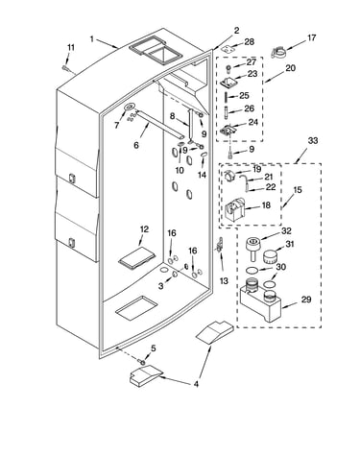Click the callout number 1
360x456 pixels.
click(92, 39)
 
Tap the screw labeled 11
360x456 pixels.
click(65, 68)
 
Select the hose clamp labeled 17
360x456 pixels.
click(278, 52)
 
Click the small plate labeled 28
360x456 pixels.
click(228, 49)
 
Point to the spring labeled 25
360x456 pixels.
click(227, 96)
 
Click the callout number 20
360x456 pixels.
click(290, 68)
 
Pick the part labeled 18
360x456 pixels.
click(235, 209)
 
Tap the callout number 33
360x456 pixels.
click(313, 140)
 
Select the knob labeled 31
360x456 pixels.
click(271, 255)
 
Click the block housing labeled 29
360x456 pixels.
click(260, 301)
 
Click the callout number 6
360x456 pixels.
click(136, 145)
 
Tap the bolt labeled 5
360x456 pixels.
click(142, 362)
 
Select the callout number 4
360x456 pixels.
click(196, 384)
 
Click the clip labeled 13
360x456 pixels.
click(220, 245)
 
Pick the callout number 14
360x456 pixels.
click(202, 175)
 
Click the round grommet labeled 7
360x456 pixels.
click(130, 108)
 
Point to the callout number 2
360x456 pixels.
click(236, 31)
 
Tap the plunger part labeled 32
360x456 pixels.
click(252, 248)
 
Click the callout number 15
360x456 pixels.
click(298, 190)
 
